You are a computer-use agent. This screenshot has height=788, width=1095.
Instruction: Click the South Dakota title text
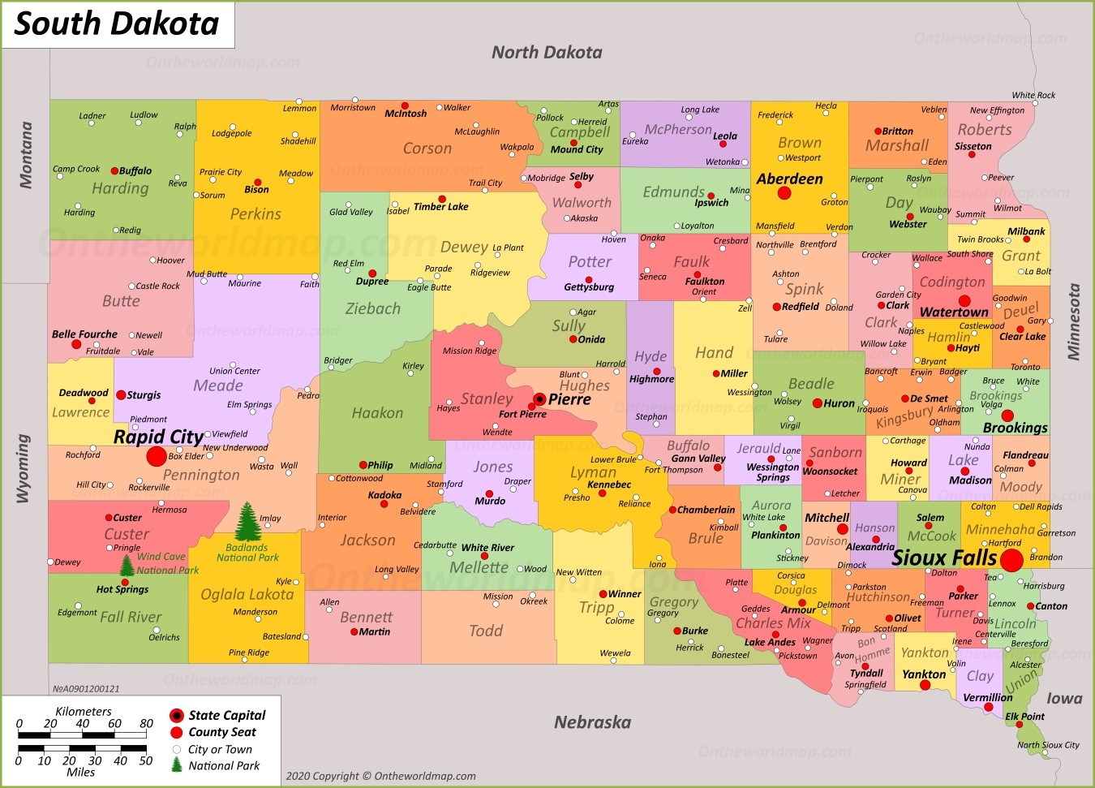pyautogui.click(x=117, y=24)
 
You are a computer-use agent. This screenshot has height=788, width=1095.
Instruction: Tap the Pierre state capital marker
pyautogui.click(x=539, y=399)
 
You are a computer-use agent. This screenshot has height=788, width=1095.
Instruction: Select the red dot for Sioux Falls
pyautogui.click(x=1011, y=560)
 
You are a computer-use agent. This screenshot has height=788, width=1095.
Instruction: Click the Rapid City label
pyautogui.click(x=158, y=437)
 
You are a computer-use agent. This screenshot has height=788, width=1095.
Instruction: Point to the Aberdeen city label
pyautogui.click(x=789, y=179)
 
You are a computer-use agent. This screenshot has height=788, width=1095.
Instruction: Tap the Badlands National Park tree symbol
pyautogui.click(x=248, y=521)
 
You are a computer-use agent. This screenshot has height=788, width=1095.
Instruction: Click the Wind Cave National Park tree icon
pyautogui.click(x=127, y=565)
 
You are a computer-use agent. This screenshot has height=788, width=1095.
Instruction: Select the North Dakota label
pyautogui.click(x=547, y=53)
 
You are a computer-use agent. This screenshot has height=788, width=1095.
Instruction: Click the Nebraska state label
pyautogui.click(x=592, y=722)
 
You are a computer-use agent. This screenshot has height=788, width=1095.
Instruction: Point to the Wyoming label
pyautogui.click(x=24, y=468)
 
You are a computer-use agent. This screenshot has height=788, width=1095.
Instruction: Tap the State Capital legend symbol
pyautogui.click(x=176, y=715)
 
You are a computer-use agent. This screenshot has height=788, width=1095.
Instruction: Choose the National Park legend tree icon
pyautogui.click(x=177, y=764)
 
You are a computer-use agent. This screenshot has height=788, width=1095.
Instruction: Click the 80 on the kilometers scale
pyautogui.click(x=146, y=723)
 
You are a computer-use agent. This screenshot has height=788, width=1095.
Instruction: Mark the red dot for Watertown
pyautogui.click(x=964, y=300)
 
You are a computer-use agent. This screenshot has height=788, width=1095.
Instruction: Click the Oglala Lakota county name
pyautogui.click(x=247, y=595)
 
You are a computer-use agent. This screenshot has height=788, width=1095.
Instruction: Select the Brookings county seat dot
pyautogui.click(x=1007, y=416)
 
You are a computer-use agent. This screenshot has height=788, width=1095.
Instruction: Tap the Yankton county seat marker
pyautogui.click(x=925, y=686)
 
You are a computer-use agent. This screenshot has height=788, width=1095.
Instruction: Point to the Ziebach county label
pyautogui.click(x=372, y=308)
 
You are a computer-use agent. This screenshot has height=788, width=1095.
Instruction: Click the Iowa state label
pyautogui.click(x=1064, y=698)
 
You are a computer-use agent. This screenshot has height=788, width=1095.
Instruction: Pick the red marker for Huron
pyautogui.click(x=817, y=403)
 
